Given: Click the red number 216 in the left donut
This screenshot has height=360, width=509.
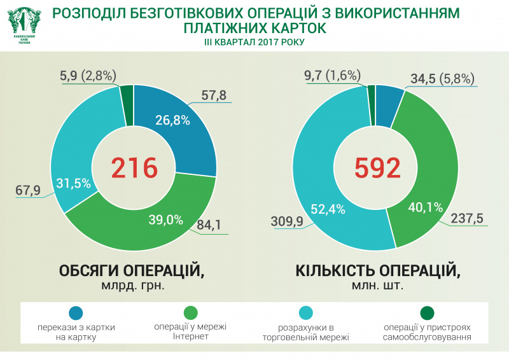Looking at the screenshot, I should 134,168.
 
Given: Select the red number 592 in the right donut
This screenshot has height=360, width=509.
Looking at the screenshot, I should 377,168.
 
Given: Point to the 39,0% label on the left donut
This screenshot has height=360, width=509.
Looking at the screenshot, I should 166,220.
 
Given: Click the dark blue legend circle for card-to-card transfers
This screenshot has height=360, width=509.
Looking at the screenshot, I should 76,313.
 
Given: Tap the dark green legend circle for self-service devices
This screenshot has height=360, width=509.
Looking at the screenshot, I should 427,313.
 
